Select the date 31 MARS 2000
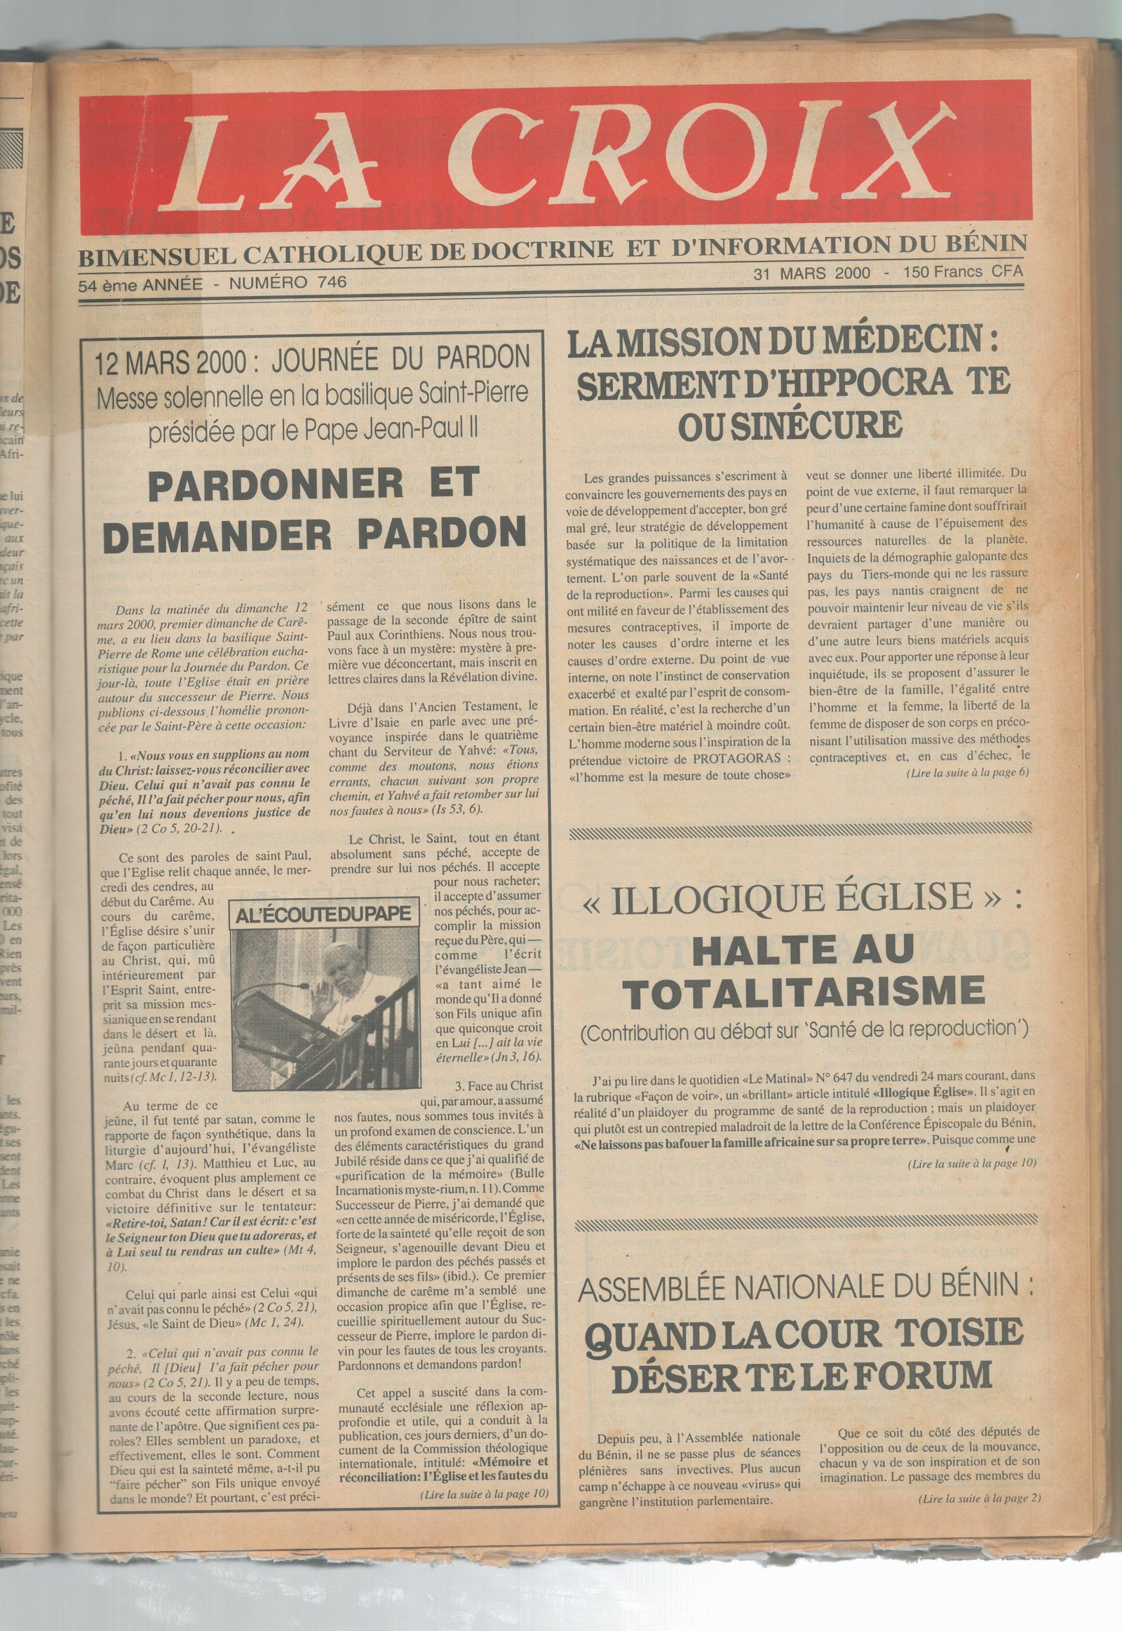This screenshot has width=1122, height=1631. pos(811,273)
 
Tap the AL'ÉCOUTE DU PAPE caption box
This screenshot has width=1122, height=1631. pos(324,914)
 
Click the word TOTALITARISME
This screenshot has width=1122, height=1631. pos(806,992)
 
